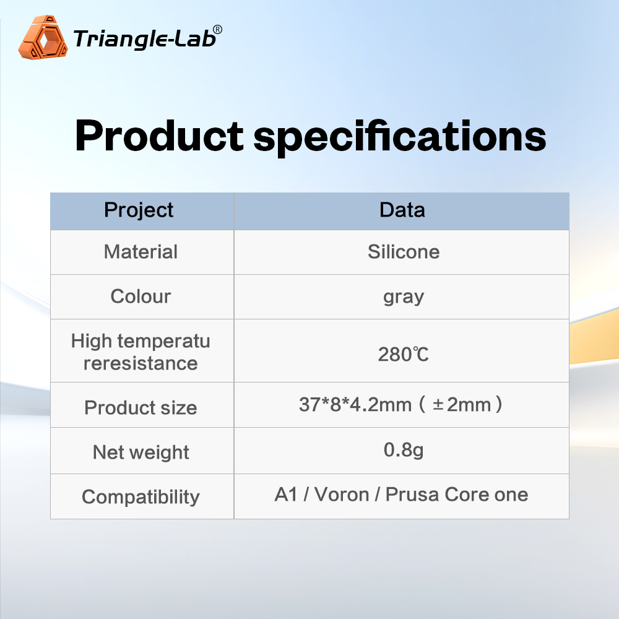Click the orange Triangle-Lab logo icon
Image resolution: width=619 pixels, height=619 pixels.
point(43,38)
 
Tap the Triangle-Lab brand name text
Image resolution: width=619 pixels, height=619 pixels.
point(144,38)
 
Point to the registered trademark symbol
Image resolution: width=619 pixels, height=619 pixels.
point(217,30)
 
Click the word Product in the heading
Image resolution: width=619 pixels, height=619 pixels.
point(159,136)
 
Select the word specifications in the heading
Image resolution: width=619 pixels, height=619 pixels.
point(399,137)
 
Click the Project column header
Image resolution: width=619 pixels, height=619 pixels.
point(139,210)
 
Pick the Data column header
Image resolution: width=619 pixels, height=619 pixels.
point(402,210)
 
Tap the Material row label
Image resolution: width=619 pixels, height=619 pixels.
point(141,252)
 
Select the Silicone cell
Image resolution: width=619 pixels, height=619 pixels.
point(404,252)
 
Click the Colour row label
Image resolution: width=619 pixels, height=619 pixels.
point(141,297)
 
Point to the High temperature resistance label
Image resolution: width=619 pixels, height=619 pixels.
point(141,352)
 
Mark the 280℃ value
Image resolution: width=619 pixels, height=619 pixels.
point(403,355)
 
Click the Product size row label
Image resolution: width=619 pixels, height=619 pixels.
point(141,408)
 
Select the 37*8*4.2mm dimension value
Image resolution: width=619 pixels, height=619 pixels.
point(355,405)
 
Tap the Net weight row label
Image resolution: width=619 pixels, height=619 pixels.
point(141,452)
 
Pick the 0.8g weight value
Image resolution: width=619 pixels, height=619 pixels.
point(404,450)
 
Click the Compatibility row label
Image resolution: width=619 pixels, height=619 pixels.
point(141,497)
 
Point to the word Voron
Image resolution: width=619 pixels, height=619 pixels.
point(342,495)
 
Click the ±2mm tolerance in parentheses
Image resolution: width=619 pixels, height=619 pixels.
point(462,405)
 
